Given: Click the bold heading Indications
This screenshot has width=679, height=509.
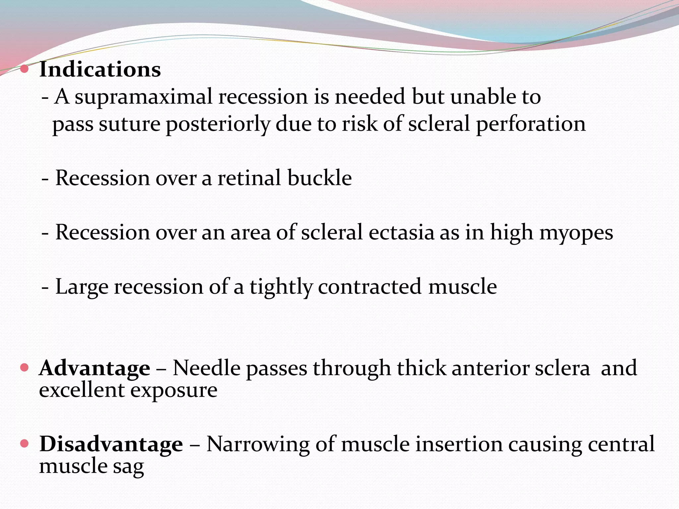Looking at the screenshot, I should pos(100,70).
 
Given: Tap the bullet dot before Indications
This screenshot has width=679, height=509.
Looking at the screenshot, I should pos(24,69).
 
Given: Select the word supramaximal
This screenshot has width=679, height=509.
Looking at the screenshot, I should pos(143,97).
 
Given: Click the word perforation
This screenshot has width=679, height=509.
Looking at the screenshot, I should pos(531,125).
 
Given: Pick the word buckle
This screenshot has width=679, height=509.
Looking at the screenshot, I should pos(319,178).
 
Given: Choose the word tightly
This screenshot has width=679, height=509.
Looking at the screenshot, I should pos(281,287).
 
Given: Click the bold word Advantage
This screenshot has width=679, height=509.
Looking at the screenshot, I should pos(94,368).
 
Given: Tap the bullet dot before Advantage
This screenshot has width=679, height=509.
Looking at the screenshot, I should pos(24,368).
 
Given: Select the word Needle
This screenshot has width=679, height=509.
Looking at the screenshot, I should pos(207,368).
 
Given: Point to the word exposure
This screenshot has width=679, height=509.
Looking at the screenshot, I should pos(174,390).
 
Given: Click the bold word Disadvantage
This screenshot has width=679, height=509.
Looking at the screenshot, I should pos(111,444).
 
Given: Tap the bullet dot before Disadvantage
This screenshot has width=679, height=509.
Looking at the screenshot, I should pos(24,443).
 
